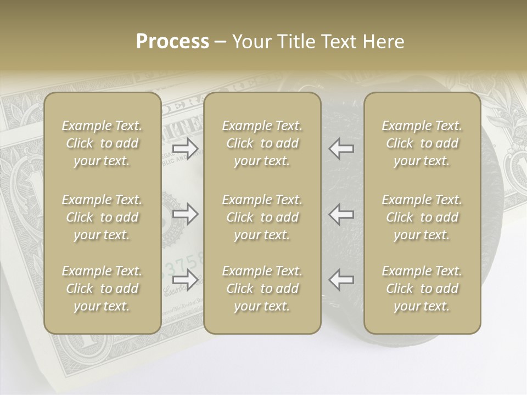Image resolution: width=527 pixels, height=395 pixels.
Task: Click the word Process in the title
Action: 172,42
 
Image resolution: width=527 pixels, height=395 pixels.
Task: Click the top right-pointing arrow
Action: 185,148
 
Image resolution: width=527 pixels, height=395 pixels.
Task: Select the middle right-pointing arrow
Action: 185,214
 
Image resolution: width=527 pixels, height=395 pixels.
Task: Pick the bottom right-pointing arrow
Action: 185,279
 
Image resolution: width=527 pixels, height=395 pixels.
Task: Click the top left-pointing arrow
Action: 341,148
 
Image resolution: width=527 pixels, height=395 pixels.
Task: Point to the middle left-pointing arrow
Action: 341,214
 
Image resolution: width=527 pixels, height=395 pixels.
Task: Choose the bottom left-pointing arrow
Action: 341,279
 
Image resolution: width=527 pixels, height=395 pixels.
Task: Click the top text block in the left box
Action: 102,143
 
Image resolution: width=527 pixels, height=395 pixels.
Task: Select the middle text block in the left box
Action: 102,217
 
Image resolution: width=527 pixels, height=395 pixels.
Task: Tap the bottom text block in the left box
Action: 102,289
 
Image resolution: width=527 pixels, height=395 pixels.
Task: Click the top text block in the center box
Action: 262,143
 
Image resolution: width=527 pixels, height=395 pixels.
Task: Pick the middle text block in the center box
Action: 262,217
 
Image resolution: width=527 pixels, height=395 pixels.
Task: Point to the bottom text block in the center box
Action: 262,289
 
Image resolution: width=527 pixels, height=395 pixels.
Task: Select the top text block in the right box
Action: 422,143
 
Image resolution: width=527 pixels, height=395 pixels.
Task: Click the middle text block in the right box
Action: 422,217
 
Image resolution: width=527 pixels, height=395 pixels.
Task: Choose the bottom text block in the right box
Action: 422,289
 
